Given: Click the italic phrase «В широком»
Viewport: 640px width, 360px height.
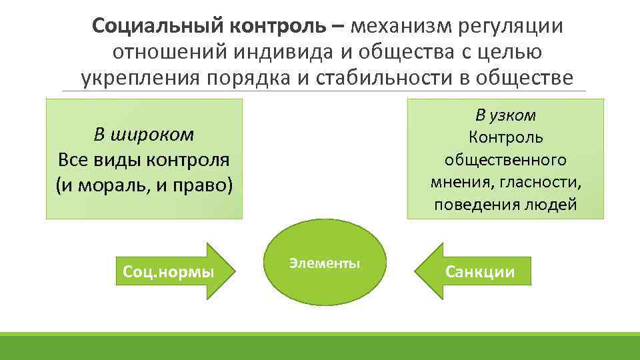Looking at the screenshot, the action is pyautogui.click(x=144, y=135).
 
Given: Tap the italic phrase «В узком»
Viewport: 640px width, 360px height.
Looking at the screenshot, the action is pyautogui.click(x=505, y=115).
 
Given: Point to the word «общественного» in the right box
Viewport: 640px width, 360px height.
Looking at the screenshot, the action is pyautogui.click(x=505, y=160).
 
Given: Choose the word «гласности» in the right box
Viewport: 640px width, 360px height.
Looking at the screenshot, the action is pyautogui.click(x=543, y=182).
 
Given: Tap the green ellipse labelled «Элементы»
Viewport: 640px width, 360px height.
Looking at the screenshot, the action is pyautogui.click(x=325, y=263).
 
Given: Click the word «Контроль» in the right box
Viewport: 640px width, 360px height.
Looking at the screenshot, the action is pyautogui.click(x=505, y=137).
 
